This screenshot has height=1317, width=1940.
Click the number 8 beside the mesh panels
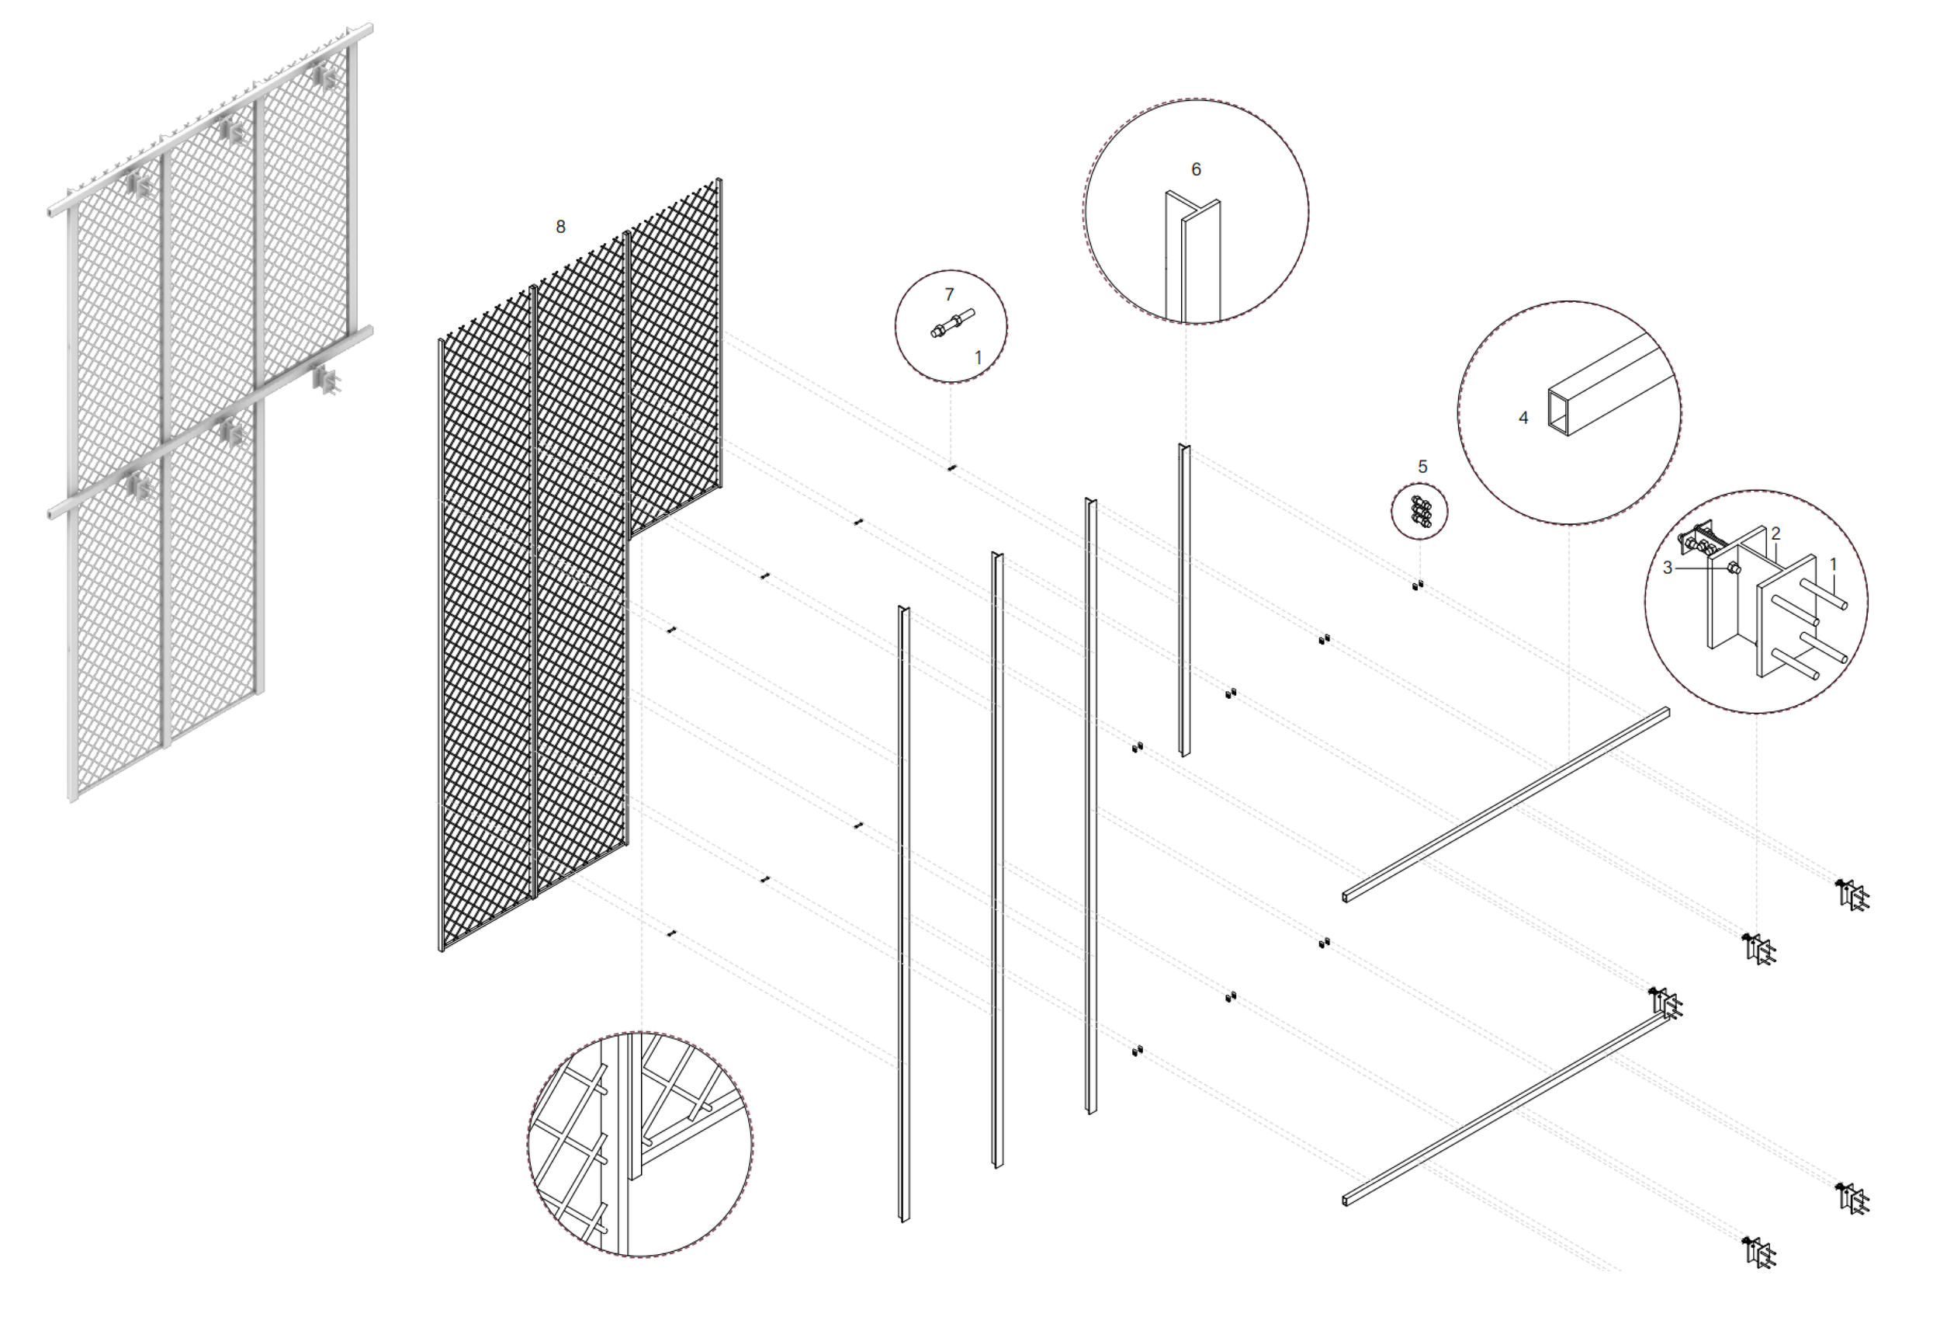tap(560, 226)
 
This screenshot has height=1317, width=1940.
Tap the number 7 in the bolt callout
tap(949, 294)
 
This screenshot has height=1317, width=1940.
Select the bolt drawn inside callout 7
tap(951, 324)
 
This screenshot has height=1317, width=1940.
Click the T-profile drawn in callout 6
tap(1192, 259)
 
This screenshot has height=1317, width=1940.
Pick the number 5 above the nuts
tap(1423, 467)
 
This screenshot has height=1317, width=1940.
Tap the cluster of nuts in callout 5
tap(1421, 512)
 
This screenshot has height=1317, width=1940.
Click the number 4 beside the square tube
tap(1523, 418)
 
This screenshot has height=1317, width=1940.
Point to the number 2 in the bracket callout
tap(1776, 533)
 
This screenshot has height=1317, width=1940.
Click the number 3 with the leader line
tap(1668, 568)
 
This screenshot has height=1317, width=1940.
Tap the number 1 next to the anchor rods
tap(1833, 565)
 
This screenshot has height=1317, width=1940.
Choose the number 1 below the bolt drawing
tap(979, 357)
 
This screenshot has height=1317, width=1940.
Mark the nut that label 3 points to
tap(1733, 568)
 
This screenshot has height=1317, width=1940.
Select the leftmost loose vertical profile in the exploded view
tap(903, 914)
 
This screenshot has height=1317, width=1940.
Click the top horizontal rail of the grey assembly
tap(209, 117)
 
